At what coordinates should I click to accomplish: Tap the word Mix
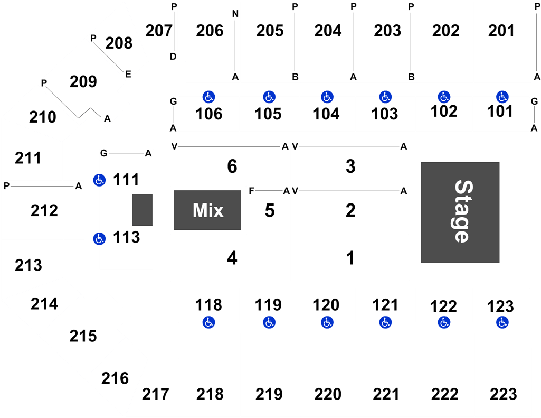pyautogui.click(x=207, y=210)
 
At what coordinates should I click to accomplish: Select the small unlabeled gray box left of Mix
pyautogui.click(x=142, y=210)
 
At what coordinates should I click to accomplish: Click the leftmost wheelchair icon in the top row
pyautogui.click(x=209, y=97)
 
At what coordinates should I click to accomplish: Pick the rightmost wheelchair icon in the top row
pyautogui.click(x=502, y=97)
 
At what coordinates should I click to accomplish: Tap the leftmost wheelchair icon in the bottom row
pyautogui.click(x=209, y=322)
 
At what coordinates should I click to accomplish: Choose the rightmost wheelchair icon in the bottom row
pyautogui.click(x=502, y=322)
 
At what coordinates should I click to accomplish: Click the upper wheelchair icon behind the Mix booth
pyautogui.click(x=99, y=180)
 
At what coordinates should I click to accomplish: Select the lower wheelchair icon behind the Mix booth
pyautogui.click(x=99, y=239)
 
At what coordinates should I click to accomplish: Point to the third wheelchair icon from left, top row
pyautogui.click(x=327, y=97)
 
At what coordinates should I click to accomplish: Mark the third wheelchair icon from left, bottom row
pyautogui.click(x=327, y=322)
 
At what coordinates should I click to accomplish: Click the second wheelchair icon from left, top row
pyautogui.click(x=269, y=97)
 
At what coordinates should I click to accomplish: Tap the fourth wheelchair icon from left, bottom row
pyautogui.click(x=386, y=322)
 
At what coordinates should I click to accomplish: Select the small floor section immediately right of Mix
pyautogui.click(x=268, y=210)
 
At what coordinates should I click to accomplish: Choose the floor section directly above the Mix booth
pyautogui.click(x=230, y=163)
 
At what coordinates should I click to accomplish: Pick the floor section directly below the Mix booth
pyautogui.click(x=230, y=257)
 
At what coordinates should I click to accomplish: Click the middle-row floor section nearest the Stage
pyautogui.click(x=349, y=210)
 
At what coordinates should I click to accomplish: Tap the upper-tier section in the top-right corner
pyautogui.click(x=502, y=42)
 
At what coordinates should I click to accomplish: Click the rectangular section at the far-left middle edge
pyautogui.click(x=42, y=210)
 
